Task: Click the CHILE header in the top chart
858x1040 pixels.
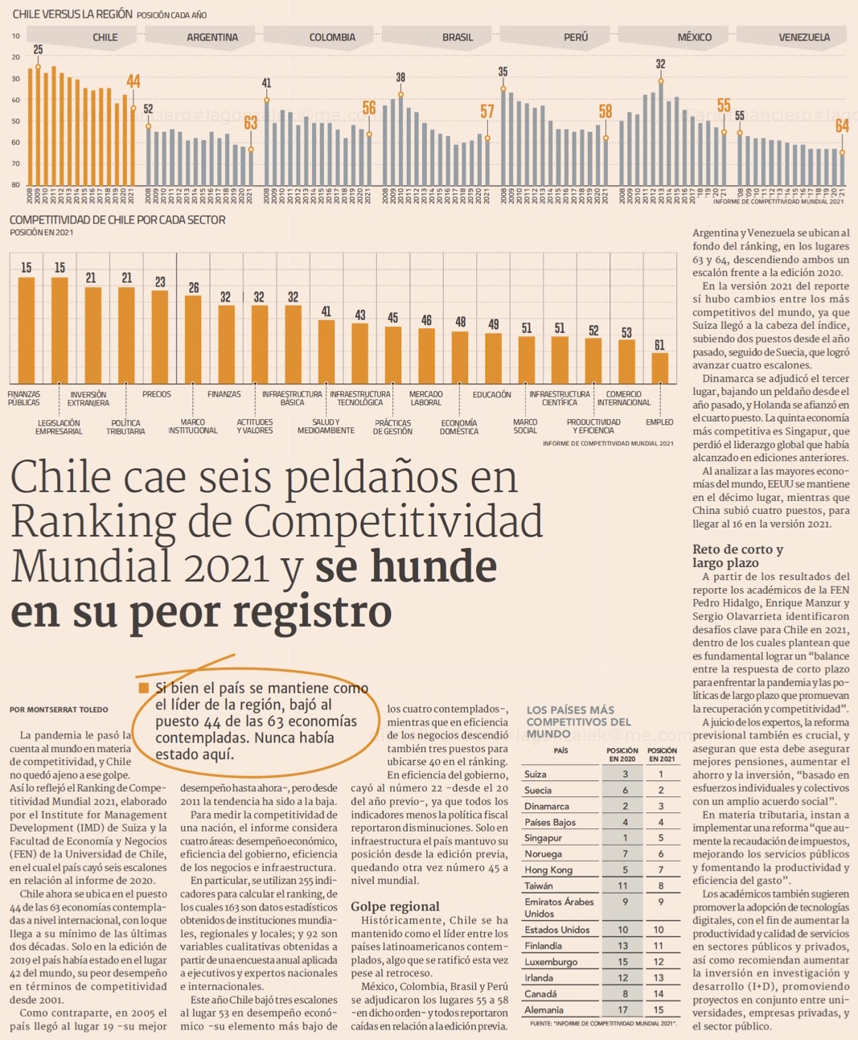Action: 105,37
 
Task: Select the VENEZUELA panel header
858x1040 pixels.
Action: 803,37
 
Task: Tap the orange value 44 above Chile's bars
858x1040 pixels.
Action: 133,81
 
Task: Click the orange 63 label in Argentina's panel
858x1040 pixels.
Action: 251,122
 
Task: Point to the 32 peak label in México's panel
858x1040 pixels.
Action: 660,64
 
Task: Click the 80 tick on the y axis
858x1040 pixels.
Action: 15,185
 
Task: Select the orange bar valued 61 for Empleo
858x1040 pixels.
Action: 659,368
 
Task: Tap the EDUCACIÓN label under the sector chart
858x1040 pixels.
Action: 492,395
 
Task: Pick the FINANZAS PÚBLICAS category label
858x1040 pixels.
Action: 24,398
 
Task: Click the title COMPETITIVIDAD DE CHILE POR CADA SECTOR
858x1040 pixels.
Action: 117,220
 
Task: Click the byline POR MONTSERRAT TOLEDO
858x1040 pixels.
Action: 60,710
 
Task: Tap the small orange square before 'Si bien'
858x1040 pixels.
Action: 144,688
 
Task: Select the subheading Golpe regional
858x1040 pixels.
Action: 395,906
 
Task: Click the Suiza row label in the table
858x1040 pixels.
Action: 536,775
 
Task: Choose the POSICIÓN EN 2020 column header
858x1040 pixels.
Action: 622,754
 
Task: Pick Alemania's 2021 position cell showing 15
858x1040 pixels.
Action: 661,1010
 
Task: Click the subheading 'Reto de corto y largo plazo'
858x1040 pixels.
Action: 737,556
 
